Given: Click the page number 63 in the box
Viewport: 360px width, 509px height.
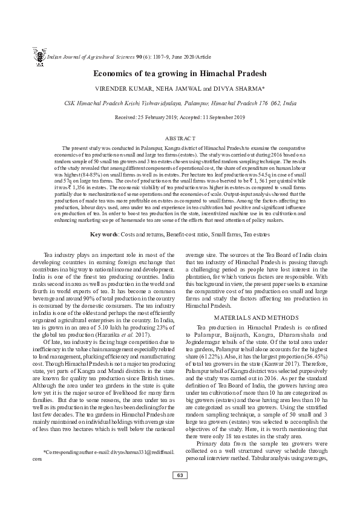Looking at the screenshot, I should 180,492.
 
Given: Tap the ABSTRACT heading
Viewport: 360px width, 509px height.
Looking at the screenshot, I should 180,138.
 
